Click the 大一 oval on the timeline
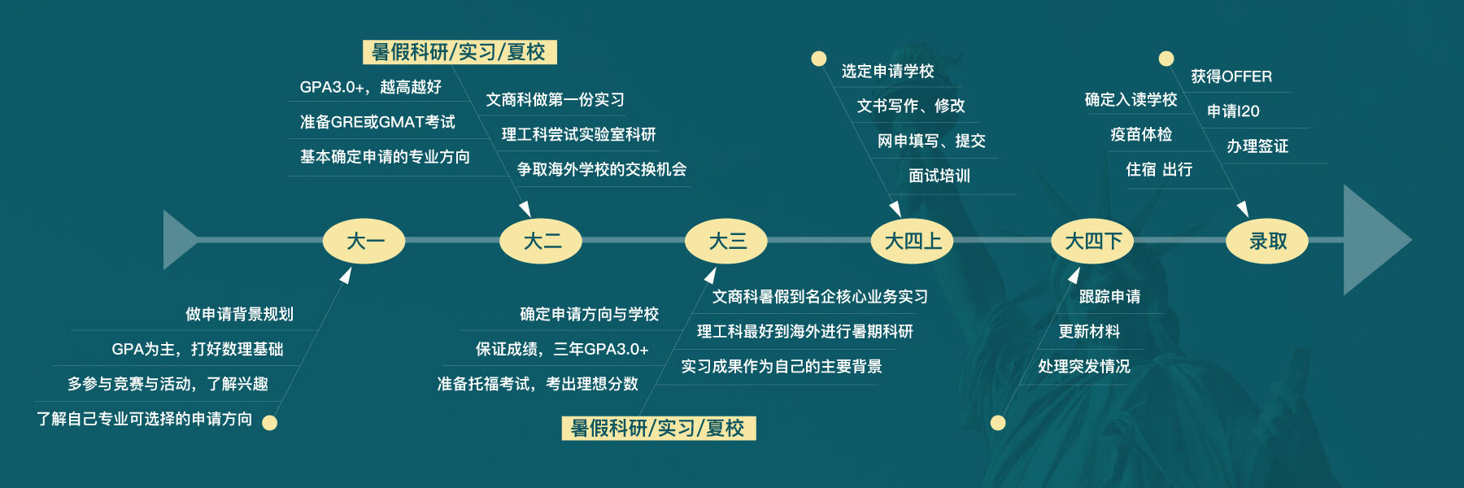coord(364,241)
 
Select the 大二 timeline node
coord(541,241)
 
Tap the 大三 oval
coord(726,241)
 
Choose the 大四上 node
coord(912,241)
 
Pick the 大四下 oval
coord(1092,241)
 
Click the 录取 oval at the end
coord(1267,241)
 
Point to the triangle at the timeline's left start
coord(177,240)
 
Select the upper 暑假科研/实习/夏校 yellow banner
coord(460,52)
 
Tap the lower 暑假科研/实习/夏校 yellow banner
coord(659,428)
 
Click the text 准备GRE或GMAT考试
coord(377,122)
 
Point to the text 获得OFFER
coord(1231,76)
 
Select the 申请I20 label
coord(1233,111)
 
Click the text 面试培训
coord(939,176)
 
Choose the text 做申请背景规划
coord(239,314)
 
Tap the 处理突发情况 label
coord(1084,367)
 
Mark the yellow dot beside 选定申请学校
coord(819,59)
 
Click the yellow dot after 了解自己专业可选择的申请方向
coord(270,422)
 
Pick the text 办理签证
coord(1257,146)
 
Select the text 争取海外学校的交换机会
coord(602,169)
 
